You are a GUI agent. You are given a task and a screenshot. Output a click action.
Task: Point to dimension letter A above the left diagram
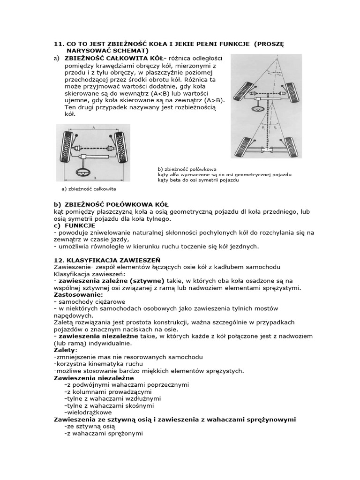[x=94, y=127]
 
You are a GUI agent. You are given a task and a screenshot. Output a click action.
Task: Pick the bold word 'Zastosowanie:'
[x=78, y=295]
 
